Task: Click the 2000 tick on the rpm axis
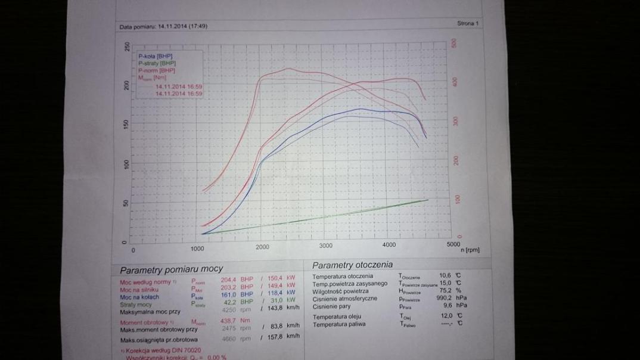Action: (262, 247)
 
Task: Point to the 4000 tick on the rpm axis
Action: (389, 245)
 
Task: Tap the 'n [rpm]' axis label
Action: (470, 250)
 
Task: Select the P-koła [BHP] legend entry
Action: (156, 56)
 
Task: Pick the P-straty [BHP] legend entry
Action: (157, 63)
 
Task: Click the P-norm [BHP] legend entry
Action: (156, 70)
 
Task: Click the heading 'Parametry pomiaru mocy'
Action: (171, 269)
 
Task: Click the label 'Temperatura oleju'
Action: (340, 316)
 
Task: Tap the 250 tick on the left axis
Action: (126, 46)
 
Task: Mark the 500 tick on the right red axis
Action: (453, 44)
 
